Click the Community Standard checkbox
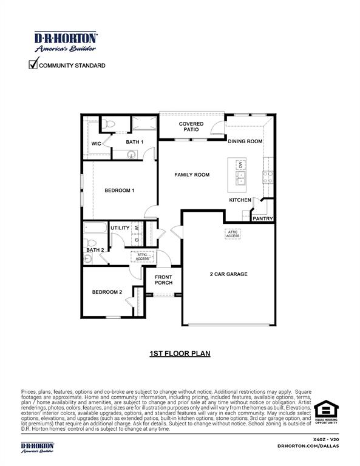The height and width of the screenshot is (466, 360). (x=34, y=64)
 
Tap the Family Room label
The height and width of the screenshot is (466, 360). (x=192, y=175)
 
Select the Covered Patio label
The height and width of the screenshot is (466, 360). (x=191, y=127)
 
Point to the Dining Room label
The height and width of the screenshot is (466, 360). (x=245, y=141)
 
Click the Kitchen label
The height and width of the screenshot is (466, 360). (x=240, y=200)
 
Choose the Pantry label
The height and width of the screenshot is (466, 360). (x=262, y=218)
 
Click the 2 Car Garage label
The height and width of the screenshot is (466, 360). (x=228, y=274)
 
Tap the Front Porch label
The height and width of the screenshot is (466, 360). (x=163, y=280)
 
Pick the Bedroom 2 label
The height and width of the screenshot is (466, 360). (x=107, y=292)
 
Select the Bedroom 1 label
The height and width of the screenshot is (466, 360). (x=119, y=191)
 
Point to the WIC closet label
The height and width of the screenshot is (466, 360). (x=96, y=144)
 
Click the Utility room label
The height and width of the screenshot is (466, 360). (x=120, y=228)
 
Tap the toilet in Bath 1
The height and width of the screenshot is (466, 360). (x=108, y=124)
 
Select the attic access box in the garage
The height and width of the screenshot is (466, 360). (x=232, y=234)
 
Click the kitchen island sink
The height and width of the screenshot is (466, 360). (x=241, y=178)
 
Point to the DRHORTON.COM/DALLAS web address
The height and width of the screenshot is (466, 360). (x=308, y=446)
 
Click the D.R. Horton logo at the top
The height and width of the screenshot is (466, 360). (x=66, y=42)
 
